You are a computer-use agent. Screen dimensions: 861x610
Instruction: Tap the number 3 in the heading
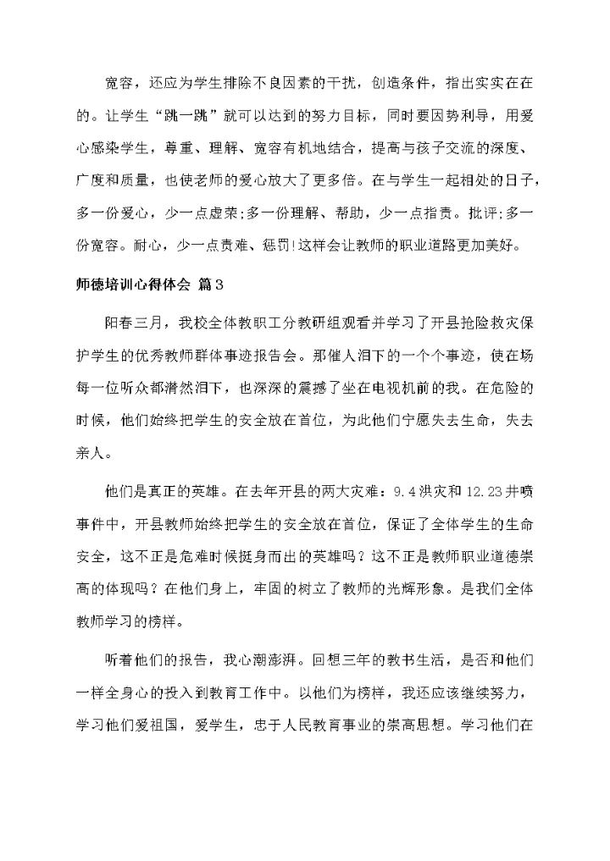(218, 283)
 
